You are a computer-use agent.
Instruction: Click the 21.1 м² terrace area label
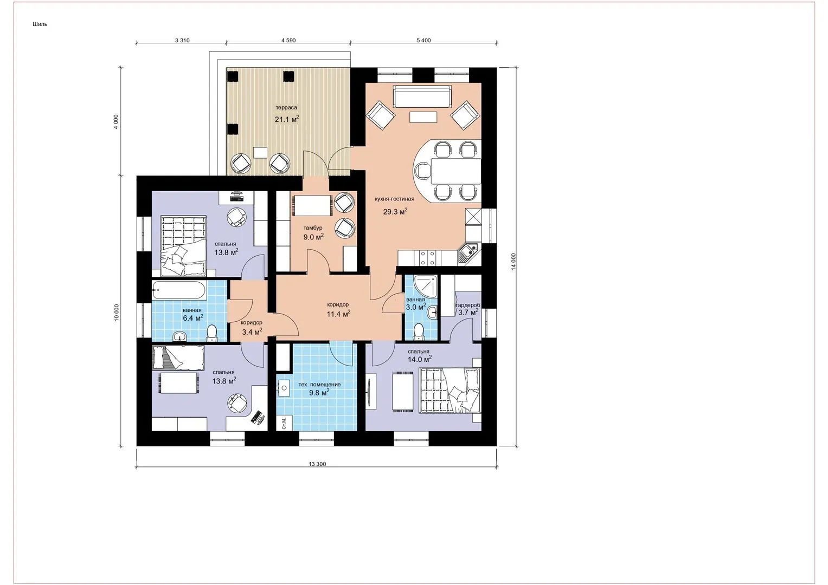coord(286,119)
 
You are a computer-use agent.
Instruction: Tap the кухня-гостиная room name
coord(394,199)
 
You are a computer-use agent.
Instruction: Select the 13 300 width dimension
coord(317,464)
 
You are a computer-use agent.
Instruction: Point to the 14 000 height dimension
coord(513,262)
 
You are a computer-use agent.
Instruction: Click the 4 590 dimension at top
coord(288,40)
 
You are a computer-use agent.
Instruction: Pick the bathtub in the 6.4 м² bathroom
coord(178,291)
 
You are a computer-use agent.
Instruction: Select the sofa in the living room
coord(422,96)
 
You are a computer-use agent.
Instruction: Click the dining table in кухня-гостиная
coord(456,171)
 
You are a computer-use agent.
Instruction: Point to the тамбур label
coord(313,228)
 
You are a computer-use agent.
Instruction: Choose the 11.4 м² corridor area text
coord(338,314)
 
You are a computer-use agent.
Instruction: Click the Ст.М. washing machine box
coord(285,423)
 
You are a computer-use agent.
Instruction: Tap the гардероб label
coord(468,305)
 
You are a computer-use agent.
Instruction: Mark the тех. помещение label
coord(319,385)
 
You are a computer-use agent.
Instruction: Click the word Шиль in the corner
coord(40,24)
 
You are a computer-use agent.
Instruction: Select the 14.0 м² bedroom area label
coord(420,359)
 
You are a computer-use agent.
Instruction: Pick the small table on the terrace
coord(260,153)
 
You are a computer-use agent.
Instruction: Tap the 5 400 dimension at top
coord(423,40)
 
